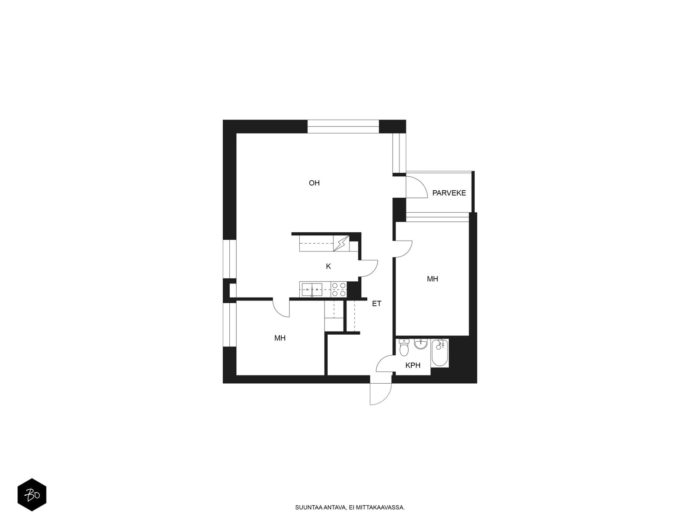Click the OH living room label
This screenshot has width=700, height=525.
pyautogui.click(x=314, y=183)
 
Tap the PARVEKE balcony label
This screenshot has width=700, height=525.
pyautogui.click(x=449, y=193)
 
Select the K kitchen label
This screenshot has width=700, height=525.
pyautogui.click(x=328, y=266)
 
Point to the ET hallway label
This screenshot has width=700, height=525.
pyautogui.click(x=376, y=304)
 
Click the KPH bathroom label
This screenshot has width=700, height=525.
pyautogui.click(x=413, y=366)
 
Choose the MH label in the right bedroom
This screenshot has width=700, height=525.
pyautogui.click(x=432, y=279)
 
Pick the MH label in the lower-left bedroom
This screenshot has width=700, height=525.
pyautogui.click(x=280, y=338)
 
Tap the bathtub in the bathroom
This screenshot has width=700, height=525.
pyautogui.click(x=440, y=353)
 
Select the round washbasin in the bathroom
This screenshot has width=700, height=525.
pyautogui.click(x=420, y=344)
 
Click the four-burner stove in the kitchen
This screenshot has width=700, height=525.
pyautogui.click(x=339, y=290)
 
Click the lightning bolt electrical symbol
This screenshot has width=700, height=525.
pyautogui.click(x=341, y=244)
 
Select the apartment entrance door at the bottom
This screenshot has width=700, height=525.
pyautogui.click(x=381, y=394)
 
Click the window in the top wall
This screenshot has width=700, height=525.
pyautogui.click(x=343, y=126)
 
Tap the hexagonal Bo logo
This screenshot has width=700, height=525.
pyautogui.click(x=32, y=495)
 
